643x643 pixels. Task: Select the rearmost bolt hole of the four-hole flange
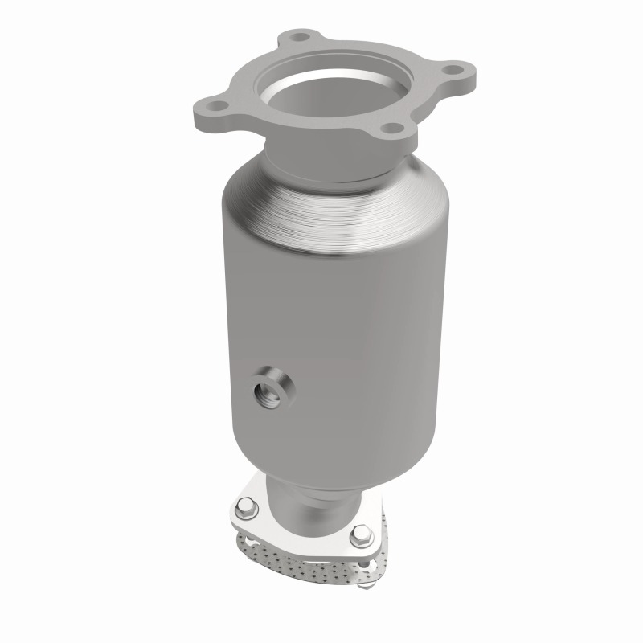(x=301, y=37)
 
